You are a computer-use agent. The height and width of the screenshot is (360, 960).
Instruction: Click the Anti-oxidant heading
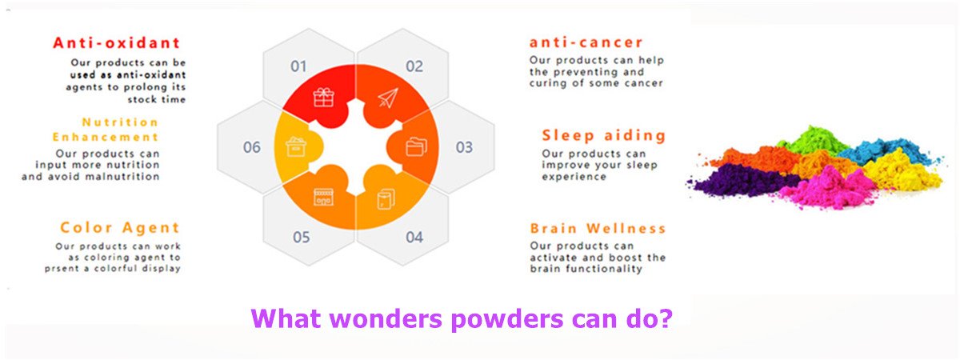click(x=117, y=43)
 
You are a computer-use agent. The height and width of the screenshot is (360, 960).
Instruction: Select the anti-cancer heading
click(x=586, y=42)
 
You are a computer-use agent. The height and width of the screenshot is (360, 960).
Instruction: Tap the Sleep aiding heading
click(x=604, y=135)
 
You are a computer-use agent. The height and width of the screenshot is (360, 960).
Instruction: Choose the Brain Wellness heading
click(x=598, y=229)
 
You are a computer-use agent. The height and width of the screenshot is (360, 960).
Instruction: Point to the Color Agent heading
click(x=119, y=227)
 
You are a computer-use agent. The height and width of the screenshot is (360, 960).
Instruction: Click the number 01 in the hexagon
click(x=298, y=66)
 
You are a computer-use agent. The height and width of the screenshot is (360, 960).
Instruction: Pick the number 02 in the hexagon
click(x=414, y=66)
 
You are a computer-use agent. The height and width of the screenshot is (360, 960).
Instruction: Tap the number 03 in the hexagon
click(x=464, y=147)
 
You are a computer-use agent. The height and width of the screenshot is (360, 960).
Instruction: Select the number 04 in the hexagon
click(x=414, y=237)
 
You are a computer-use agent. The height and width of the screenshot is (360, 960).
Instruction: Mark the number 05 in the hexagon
click(x=302, y=237)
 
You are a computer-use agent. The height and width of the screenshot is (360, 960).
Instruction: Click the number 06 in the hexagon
click(x=251, y=147)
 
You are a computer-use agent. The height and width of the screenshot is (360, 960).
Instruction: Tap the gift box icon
click(x=323, y=98)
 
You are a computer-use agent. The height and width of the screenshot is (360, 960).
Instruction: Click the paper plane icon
click(x=388, y=98)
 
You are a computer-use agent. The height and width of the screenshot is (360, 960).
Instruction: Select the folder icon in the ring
click(x=416, y=147)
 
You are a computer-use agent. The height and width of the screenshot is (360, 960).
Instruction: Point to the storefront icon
click(x=323, y=197)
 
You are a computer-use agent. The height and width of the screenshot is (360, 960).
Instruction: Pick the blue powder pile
click(x=885, y=151)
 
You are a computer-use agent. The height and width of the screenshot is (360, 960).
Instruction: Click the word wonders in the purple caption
click(x=386, y=319)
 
